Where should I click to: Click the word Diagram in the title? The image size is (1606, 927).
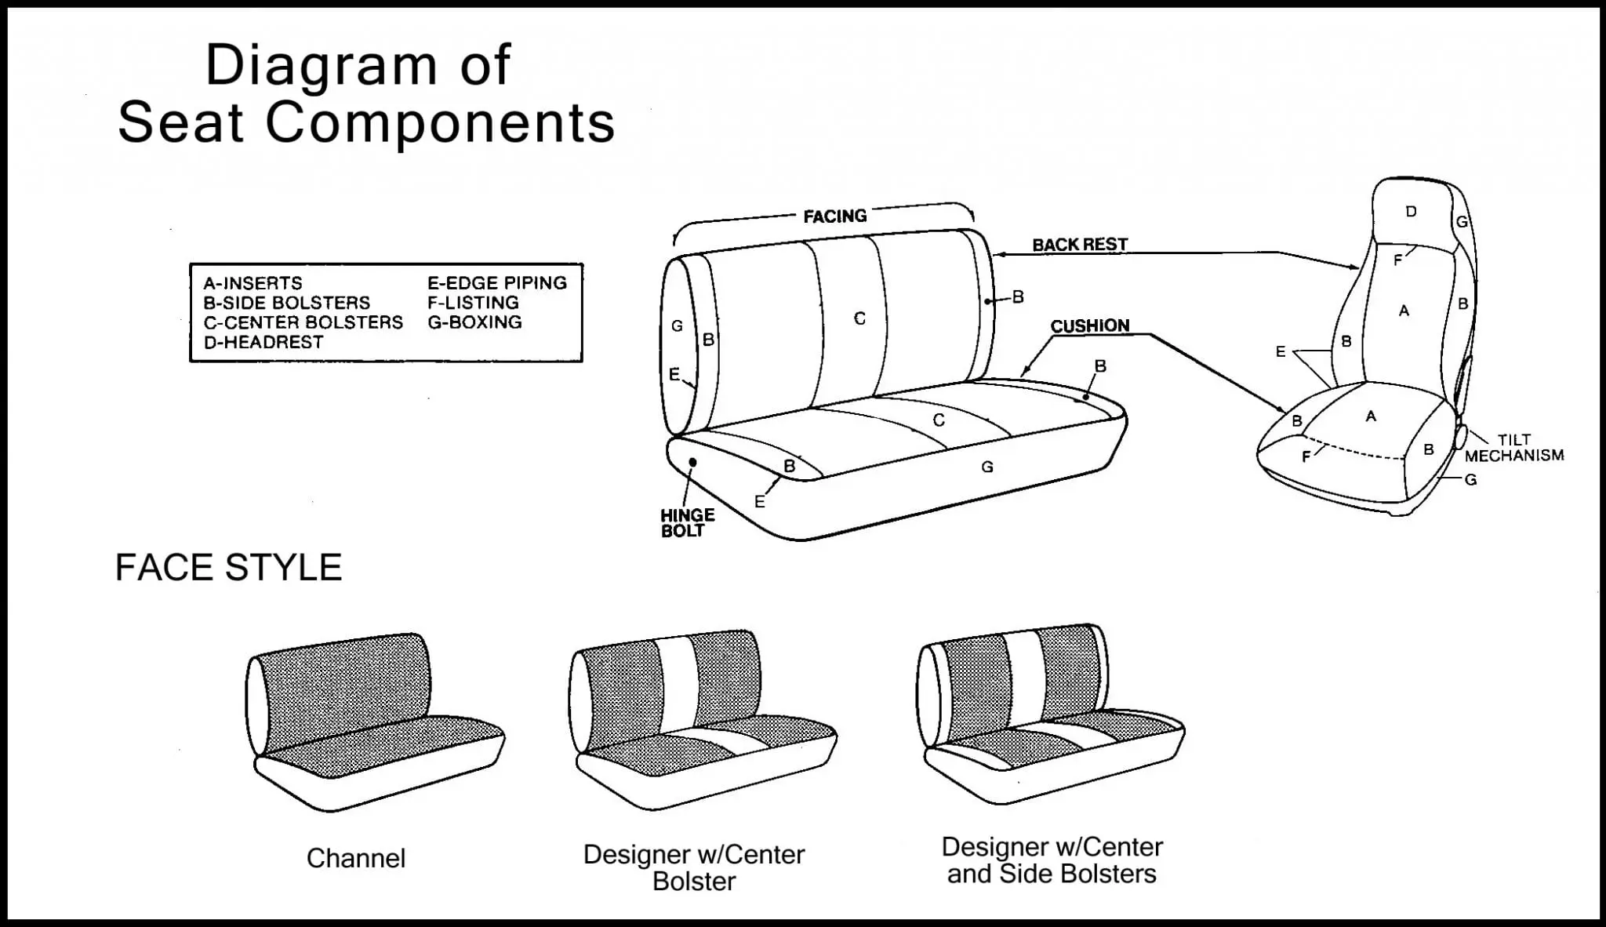pos(321,66)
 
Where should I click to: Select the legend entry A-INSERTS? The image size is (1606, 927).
pos(253,283)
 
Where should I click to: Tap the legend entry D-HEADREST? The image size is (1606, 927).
pos(263,342)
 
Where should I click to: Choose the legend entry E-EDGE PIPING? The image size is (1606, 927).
pos(496,283)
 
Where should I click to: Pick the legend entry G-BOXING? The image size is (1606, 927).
pos(474,322)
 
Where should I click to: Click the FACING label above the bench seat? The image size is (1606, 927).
pos(834,216)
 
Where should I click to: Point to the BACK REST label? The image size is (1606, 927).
pos(1079,245)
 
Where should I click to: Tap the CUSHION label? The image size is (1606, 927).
pos(1089,326)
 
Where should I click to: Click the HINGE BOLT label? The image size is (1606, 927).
pos(687,523)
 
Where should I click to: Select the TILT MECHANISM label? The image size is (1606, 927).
pos(1513,448)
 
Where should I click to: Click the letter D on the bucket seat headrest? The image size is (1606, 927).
pos(1411,212)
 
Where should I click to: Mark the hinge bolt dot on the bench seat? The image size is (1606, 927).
pos(692,463)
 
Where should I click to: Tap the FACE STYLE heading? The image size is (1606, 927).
pos(228,568)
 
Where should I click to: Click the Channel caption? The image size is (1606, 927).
pos(356,859)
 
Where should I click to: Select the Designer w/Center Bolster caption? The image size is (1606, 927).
pos(693,867)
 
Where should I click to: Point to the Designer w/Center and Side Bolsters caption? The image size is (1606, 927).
pos(1052,860)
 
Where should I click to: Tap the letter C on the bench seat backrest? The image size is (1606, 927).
pos(859,318)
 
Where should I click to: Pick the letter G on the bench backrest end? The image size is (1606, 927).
pos(677,326)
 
